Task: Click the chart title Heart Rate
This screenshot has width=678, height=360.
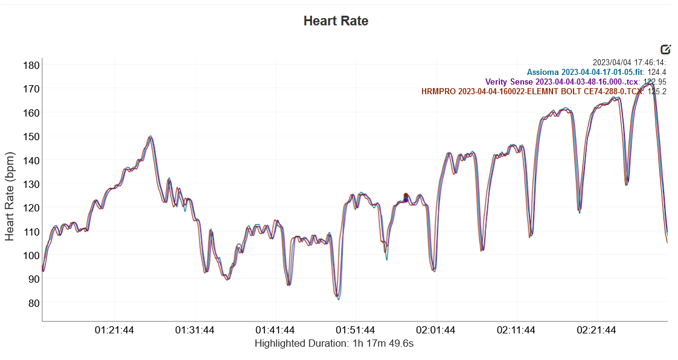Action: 336,21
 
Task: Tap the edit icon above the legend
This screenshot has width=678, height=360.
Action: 666,50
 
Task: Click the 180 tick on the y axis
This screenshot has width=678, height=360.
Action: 32,65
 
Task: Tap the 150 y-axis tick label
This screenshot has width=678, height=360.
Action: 32,137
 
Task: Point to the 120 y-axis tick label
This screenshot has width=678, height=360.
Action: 32,208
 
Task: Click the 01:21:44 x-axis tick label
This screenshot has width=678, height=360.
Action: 115,330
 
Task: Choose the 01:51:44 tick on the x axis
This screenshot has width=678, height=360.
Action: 356,330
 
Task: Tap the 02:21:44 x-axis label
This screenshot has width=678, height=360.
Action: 596,330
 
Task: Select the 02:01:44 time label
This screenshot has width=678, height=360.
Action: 436,330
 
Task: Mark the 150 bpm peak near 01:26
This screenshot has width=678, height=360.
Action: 150,137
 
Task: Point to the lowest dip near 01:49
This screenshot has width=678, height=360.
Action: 338,297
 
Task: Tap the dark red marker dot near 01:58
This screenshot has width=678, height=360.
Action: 406,195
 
